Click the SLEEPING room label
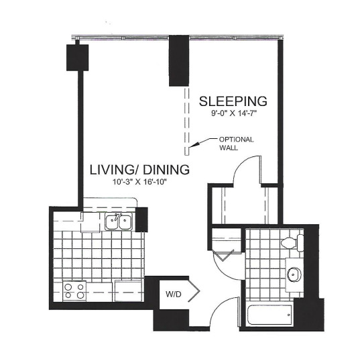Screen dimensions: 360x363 (233, 101)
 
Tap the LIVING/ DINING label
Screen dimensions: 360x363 (139, 170)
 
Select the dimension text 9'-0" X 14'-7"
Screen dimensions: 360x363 (234, 113)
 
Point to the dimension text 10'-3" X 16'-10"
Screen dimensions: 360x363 (139, 182)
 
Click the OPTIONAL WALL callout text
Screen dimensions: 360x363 (236, 144)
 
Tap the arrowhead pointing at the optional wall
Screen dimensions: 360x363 (194, 144)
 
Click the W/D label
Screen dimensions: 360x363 (173, 295)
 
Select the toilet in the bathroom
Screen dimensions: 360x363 (292, 243)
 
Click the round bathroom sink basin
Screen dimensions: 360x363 (294, 274)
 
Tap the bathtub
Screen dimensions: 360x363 (269, 315)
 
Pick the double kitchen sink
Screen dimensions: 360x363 (119, 222)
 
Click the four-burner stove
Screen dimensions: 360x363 (74, 291)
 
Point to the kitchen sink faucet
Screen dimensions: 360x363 (117, 217)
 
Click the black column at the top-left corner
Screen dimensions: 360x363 (78, 58)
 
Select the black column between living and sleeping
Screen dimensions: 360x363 (179, 61)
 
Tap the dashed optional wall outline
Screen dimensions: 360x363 (187, 121)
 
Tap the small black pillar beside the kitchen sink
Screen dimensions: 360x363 (141, 219)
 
